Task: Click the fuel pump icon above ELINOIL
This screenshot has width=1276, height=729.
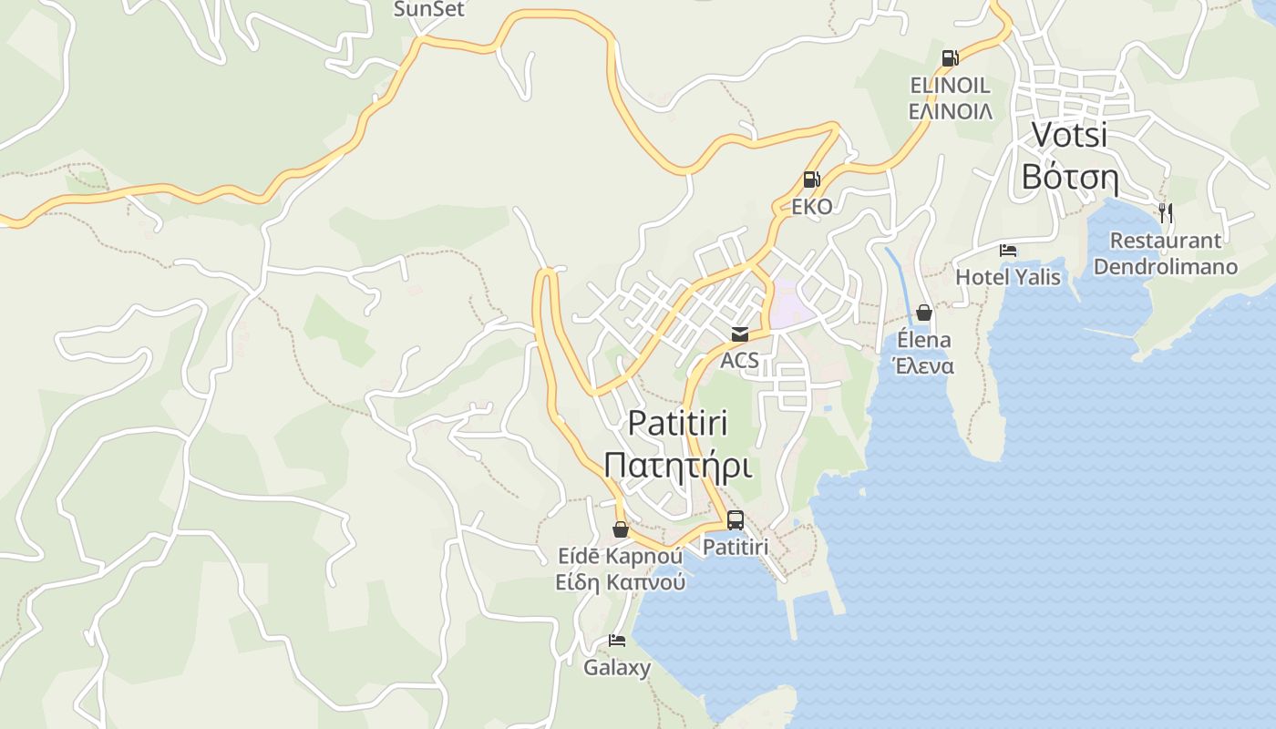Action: point(950,58)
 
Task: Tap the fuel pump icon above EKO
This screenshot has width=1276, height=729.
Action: point(811,180)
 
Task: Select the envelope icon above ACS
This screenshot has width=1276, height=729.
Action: point(739,334)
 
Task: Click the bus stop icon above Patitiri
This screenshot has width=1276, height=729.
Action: point(735,520)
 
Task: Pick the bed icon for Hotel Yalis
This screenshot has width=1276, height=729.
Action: point(1007,250)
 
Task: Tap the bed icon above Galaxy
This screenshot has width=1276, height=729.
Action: point(617,641)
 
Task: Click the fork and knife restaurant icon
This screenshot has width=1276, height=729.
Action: point(1165,213)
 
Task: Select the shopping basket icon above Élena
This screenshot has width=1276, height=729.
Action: point(923,313)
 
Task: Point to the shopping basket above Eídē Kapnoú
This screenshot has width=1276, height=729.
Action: point(620,529)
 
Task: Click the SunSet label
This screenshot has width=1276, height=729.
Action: point(428,10)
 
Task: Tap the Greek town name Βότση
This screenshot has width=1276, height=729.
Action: point(1069,176)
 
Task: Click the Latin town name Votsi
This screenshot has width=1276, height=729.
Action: point(1069,134)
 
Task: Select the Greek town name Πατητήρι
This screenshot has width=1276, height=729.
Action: point(677,466)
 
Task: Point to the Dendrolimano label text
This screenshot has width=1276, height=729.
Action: point(1166,267)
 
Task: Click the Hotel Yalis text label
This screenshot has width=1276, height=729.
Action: point(1008,276)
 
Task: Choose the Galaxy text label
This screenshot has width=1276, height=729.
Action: point(617,668)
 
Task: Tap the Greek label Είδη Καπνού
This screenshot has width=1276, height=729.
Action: point(620,581)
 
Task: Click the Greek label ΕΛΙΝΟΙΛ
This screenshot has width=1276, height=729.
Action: point(951,111)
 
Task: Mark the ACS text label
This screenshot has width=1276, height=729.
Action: point(739,360)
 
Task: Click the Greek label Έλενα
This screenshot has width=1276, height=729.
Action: point(922,366)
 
